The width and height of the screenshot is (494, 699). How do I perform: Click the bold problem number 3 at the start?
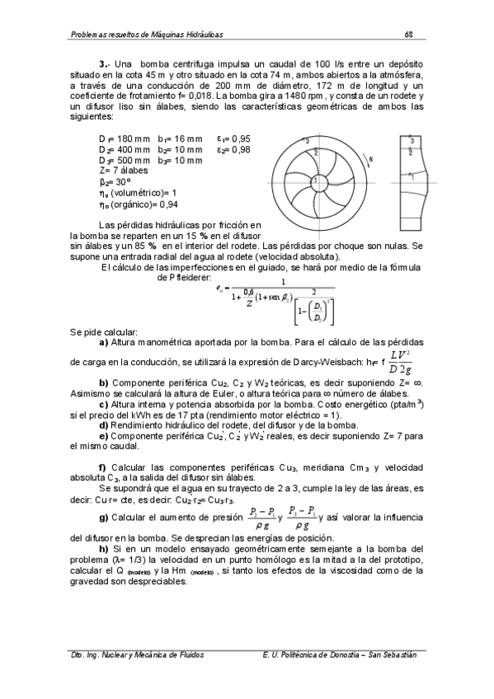coord(101,63)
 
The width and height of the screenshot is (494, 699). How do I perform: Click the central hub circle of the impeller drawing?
coord(314,179)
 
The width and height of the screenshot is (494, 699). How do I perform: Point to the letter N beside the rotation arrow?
coord(372,159)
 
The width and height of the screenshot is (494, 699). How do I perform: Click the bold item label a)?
coord(104,342)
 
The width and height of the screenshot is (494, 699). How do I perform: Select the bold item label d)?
coord(104,425)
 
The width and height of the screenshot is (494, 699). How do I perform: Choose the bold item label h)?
coord(104,547)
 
